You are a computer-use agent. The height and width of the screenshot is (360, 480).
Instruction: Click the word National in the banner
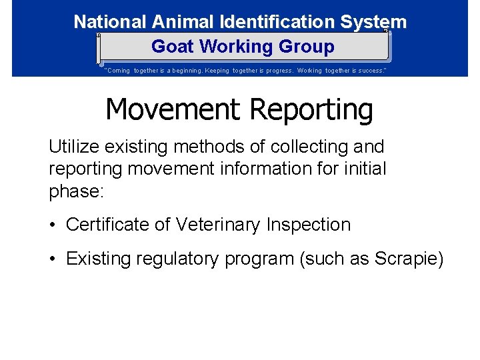tap(110, 22)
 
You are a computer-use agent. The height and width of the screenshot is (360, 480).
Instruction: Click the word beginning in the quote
tap(196, 70)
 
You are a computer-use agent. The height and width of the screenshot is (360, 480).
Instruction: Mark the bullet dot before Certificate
tap(53, 225)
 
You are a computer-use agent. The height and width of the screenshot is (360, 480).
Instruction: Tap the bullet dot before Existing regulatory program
tap(53, 259)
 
